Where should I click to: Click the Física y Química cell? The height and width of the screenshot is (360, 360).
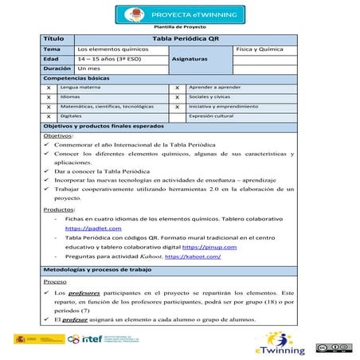[257, 49]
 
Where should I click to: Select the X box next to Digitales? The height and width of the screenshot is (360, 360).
[49, 115]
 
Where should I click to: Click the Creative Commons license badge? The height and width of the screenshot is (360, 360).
[332, 347]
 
